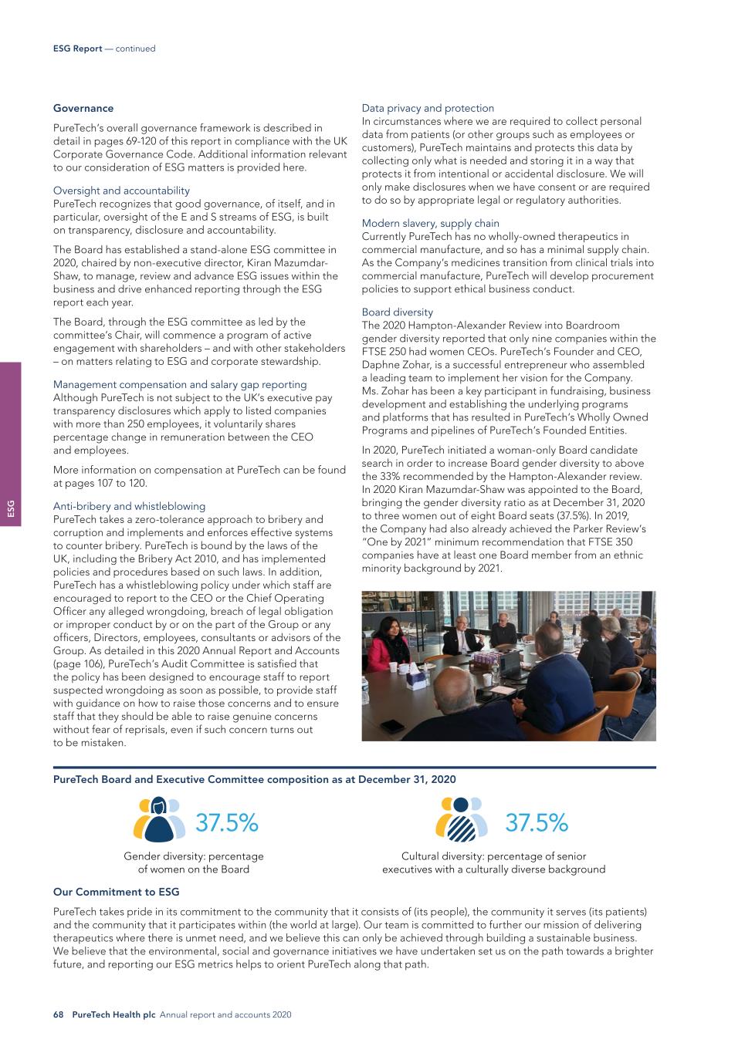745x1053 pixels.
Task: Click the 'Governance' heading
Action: pos(83,108)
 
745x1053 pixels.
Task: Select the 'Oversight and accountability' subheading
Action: pos(121,191)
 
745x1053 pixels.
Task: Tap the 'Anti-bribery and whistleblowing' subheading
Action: pos(129,506)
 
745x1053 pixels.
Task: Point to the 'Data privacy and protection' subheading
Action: pos(428,108)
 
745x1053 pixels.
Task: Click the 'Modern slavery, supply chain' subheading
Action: pos(430,224)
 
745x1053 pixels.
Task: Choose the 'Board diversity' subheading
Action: pos(398,312)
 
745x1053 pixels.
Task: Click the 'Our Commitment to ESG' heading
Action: pos(116,892)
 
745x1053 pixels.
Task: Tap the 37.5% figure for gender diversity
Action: pos(227,823)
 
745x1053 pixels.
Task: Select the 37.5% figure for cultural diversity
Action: pos(537,823)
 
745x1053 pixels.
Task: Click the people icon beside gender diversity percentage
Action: pos(159,818)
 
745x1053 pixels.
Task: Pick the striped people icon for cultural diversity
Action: pos(462,818)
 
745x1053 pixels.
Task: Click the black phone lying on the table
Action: pos(395,725)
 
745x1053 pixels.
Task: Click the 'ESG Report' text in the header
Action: pos(77,49)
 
